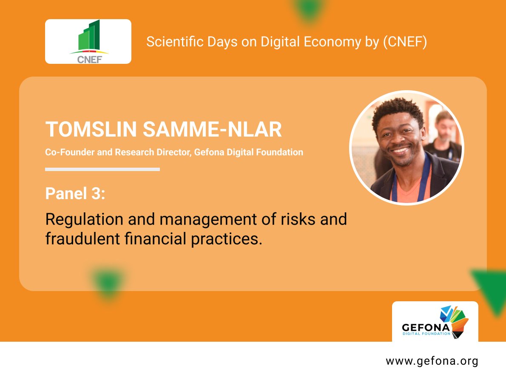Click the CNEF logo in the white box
[x=88, y=42]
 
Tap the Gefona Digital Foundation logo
[x=435, y=322]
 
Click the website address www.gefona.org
[x=432, y=361]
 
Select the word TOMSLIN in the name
[x=91, y=129]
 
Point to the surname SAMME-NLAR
[x=212, y=129]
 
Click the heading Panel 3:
[x=75, y=194]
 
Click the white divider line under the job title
[x=102, y=169]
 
